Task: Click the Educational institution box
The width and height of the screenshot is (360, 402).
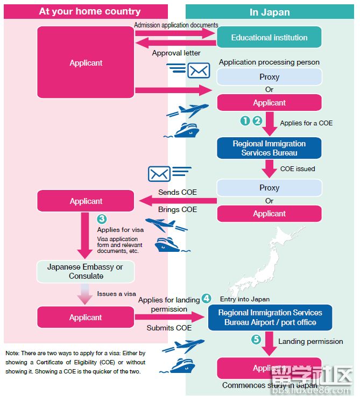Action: [269, 38]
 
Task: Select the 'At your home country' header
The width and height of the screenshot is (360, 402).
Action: [89, 11]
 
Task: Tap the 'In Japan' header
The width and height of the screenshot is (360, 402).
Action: [269, 12]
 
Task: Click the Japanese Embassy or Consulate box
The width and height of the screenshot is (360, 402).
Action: [85, 272]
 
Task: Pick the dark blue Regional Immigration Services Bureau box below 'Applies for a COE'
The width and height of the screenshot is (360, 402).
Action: [269, 148]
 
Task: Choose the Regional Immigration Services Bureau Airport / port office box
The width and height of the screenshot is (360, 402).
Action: [270, 318]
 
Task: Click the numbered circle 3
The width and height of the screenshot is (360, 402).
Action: [101, 219]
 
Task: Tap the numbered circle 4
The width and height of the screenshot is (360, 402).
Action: [206, 298]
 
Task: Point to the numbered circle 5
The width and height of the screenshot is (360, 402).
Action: [256, 340]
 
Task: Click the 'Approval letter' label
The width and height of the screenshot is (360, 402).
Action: [176, 53]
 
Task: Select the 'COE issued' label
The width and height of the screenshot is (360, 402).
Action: [298, 168]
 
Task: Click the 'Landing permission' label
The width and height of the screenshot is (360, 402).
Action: [310, 341]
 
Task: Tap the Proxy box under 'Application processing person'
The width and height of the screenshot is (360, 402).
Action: [269, 77]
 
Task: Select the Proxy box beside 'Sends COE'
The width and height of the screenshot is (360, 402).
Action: [269, 188]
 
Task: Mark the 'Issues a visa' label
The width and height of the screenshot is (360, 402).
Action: [117, 294]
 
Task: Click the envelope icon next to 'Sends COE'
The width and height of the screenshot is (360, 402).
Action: [159, 173]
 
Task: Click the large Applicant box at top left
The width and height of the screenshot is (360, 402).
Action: [86, 63]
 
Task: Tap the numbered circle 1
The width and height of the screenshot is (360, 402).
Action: [245, 121]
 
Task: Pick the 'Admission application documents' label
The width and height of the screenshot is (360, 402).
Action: [176, 25]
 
